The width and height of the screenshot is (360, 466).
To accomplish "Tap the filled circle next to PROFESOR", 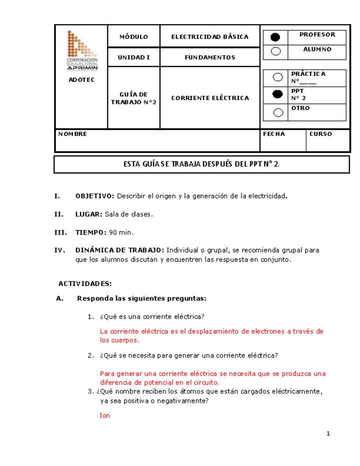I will pyautogui.click(x=275, y=37).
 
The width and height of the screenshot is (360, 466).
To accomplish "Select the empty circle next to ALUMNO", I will pyautogui.click(x=275, y=51).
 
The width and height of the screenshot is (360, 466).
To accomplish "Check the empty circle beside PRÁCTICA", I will pyautogui.click(x=278, y=77).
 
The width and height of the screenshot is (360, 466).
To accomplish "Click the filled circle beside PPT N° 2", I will pyautogui.click(x=278, y=94).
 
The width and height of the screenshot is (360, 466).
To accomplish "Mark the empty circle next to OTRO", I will pyautogui.click(x=278, y=112).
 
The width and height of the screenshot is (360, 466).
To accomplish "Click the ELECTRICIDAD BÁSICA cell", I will pyautogui.click(x=209, y=37).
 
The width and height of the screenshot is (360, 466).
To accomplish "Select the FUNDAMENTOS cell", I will pyautogui.click(x=209, y=57).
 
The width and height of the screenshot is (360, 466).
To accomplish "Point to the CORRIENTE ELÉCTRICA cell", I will pyautogui.click(x=209, y=98).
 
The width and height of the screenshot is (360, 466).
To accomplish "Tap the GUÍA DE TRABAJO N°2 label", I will pyautogui.click(x=133, y=98).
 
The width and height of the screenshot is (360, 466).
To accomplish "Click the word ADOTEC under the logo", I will pyautogui.click(x=81, y=80).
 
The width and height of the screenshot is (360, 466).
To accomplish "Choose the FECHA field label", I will pyautogui.click(x=274, y=134).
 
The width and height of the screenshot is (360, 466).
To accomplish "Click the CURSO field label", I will pyautogui.click(x=320, y=134).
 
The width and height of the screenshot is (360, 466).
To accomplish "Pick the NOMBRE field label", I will pyautogui.click(x=72, y=134).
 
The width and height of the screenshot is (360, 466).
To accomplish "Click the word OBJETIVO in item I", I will pyautogui.click(x=94, y=196).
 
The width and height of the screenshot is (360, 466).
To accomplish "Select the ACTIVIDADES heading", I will pyautogui.click(x=85, y=283).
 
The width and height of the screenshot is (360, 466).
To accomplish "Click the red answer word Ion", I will pyautogui.click(x=104, y=415).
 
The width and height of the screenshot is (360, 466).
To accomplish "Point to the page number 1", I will pyautogui.click(x=328, y=433).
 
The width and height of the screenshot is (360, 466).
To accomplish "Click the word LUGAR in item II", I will pyautogui.click(x=88, y=214).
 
